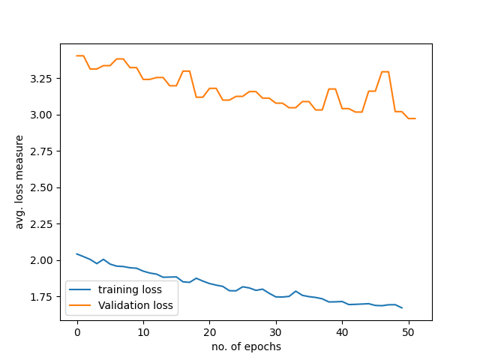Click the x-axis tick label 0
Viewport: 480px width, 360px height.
click(77, 332)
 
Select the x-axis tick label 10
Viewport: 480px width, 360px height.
click(143, 332)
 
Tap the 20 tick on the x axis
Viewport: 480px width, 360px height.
click(209, 332)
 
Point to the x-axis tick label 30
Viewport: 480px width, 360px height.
click(276, 332)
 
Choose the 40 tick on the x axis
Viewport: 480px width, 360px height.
click(342, 332)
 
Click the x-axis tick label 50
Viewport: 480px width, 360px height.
click(408, 332)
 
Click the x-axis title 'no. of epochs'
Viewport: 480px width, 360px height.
click(246, 346)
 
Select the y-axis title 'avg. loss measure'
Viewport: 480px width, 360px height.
click(20, 181)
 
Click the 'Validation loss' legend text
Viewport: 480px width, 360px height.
click(136, 305)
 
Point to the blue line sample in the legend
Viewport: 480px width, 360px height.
click(81, 289)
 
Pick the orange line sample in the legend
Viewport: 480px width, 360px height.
click(81, 305)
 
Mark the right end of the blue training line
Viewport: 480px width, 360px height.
click(402, 307)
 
